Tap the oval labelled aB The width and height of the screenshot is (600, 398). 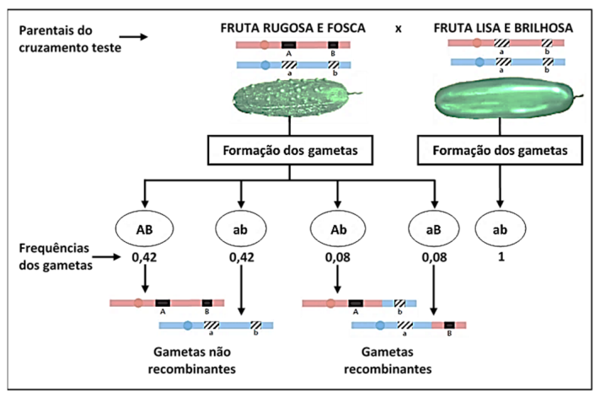434,229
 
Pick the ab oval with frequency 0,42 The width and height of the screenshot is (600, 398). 242,229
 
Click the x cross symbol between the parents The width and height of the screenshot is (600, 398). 399,27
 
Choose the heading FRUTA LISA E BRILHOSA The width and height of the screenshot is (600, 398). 504,28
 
